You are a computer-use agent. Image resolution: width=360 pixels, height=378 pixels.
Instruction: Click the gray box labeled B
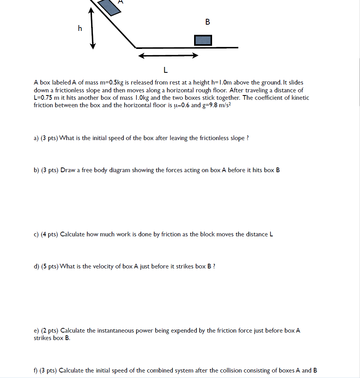tap(203, 40)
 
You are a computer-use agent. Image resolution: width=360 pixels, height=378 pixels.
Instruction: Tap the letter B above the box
tap(207, 22)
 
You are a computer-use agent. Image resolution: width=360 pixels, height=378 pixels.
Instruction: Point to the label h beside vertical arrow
tap(80, 28)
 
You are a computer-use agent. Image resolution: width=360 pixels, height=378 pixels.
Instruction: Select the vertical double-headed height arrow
tap(92, 29)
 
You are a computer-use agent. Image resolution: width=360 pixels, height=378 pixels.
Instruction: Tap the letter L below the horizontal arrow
tap(166, 70)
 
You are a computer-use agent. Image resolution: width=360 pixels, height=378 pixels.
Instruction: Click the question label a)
tap(36, 138)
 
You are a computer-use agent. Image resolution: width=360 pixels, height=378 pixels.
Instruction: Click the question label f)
tap(36, 370)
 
